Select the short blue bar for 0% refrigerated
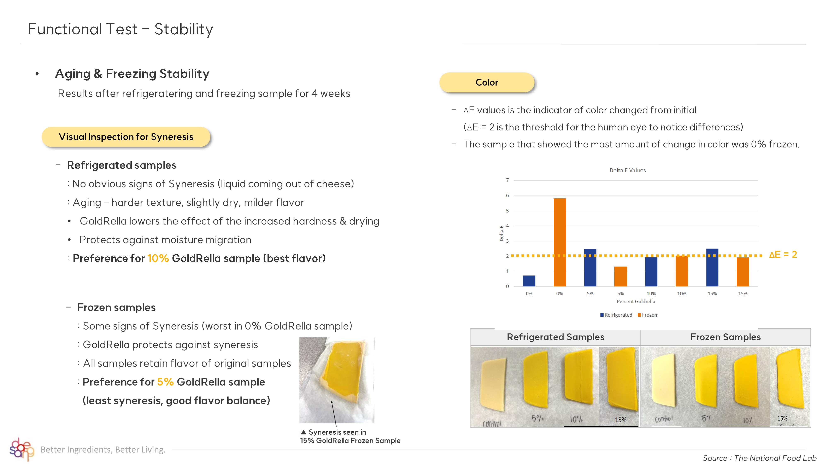529,281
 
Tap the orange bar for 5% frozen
620,276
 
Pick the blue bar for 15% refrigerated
712,267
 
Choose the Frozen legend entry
647,315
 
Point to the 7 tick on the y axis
507,180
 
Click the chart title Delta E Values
627,170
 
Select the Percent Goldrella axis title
635,301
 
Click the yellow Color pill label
487,82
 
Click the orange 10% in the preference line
158,258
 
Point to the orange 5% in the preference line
165,382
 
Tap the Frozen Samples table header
726,337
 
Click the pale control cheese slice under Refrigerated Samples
492,385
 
